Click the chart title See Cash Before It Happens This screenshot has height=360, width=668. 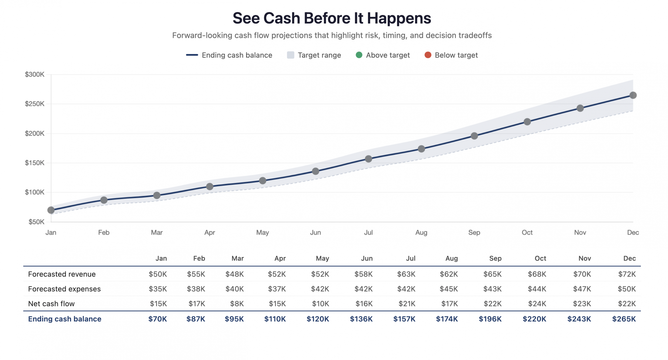tap(332, 18)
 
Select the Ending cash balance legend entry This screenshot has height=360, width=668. tap(237, 55)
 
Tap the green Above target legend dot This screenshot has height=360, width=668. tap(359, 55)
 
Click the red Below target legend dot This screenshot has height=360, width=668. tap(428, 55)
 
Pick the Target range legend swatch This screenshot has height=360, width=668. tap(290, 55)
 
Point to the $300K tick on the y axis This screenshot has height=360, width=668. tap(35, 75)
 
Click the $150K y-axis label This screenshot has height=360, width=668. tap(35, 163)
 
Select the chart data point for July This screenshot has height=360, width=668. tap(368, 159)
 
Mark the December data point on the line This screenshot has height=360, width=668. tap(633, 95)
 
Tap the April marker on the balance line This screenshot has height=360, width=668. tap(210, 187)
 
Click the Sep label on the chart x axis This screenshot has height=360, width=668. tap(474, 233)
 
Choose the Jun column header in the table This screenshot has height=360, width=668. tap(367, 258)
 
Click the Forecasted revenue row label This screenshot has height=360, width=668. tap(62, 274)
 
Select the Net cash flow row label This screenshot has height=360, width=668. tap(51, 304)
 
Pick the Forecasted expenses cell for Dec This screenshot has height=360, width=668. tap(627, 289)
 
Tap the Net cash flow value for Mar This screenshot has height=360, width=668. tap(237, 304)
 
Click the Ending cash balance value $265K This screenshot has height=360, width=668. tap(624, 319)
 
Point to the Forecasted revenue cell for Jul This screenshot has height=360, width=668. tap(406, 274)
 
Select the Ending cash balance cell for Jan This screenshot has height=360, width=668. tap(157, 319)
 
